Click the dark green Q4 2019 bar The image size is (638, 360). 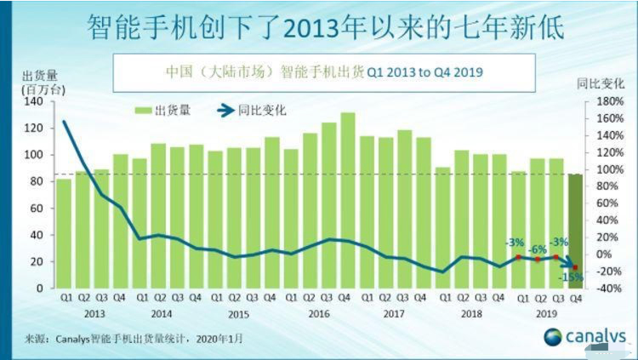click(575, 231)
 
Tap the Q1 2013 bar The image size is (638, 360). click(64, 233)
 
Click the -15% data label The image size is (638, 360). click(568, 277)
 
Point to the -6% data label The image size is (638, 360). click(537, 249)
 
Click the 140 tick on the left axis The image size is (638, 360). click(35, 101)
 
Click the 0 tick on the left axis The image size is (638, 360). click(40, 288)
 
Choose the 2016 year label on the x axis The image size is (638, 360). click(319, 313)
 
